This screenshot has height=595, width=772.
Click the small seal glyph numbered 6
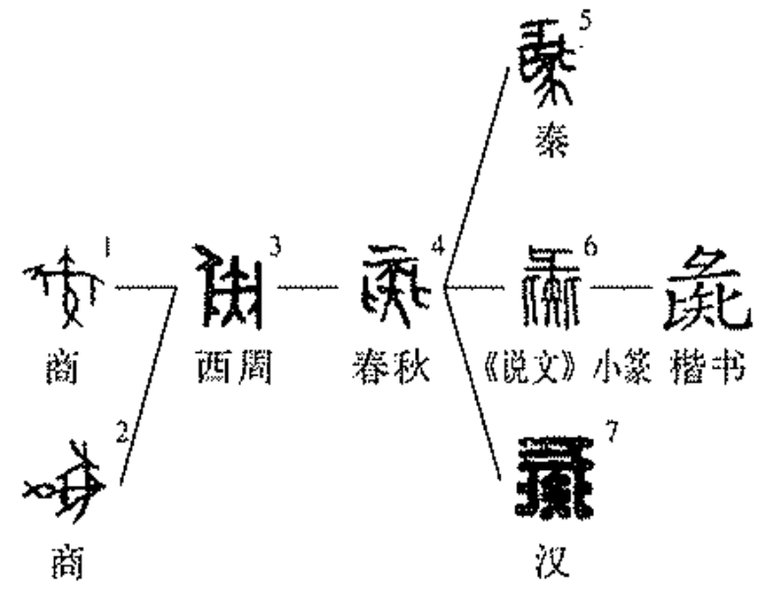tap(551, 289)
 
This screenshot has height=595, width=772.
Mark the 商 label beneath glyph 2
tap(65, 565)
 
